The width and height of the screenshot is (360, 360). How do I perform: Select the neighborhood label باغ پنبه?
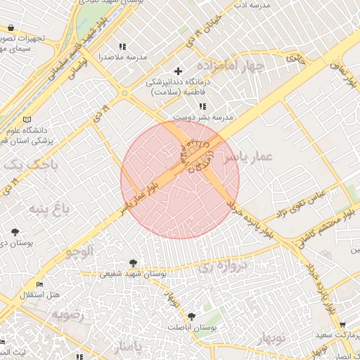pos(46,208)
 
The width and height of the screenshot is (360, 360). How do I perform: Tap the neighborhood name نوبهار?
pos(285,340)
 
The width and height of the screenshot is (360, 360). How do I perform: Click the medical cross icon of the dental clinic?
pos(178,71)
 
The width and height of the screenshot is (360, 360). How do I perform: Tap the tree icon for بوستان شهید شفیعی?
pos(134,263)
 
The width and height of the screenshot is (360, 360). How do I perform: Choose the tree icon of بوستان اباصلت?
pos(191,317)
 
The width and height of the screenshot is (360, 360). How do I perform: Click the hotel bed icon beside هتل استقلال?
pos(39,285)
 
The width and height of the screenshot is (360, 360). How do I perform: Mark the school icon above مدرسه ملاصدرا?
pos(123,46)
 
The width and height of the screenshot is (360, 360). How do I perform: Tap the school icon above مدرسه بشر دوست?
pos(203,106)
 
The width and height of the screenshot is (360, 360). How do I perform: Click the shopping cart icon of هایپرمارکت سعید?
pos(342,326)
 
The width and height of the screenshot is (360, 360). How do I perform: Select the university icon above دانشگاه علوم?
pos(27,120)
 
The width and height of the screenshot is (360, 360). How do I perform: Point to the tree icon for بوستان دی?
pos(15,231)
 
